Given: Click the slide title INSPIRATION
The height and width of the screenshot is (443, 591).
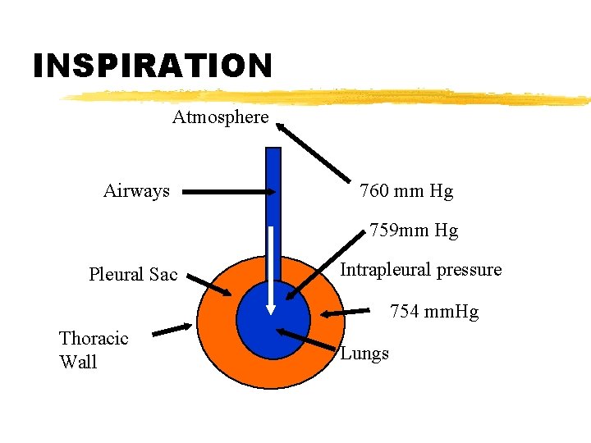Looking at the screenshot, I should (x=152, y=66).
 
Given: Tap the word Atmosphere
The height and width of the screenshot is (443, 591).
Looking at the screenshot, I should (x=220, y=117).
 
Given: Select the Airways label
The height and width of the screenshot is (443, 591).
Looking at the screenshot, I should (x=136, y=191).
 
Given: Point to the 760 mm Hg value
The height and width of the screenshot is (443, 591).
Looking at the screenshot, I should (x=406, y=191).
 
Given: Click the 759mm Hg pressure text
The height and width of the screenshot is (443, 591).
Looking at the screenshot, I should (x=414, y=231).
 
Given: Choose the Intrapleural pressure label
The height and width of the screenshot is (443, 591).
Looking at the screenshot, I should (x=420, y=270).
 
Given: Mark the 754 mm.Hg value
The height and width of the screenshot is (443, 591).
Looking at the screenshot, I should (x=433, y=312).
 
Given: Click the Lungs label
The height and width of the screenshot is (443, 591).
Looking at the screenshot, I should (x=364, y=354).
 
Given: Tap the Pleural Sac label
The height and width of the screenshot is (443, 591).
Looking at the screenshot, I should (x=133, y=274).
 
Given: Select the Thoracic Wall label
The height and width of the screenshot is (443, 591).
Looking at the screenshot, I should (x=93, y=349).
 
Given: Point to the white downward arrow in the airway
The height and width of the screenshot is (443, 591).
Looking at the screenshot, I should (x=271, y=271).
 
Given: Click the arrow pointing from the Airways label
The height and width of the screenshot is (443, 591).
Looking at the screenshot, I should (x=230, y=192).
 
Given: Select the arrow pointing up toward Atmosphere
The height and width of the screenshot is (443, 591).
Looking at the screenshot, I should (x=315, y=153).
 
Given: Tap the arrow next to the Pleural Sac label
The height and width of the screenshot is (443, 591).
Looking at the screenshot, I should (x=208, y=285).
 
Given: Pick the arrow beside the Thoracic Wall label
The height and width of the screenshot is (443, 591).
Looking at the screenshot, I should (x=172, y=330).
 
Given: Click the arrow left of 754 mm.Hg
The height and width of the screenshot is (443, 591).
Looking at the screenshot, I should (x=345, y=313).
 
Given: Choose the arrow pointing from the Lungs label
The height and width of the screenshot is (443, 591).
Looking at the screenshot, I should (x=308, y=344).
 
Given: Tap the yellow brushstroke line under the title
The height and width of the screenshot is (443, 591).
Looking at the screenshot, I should (x=328, y=98).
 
